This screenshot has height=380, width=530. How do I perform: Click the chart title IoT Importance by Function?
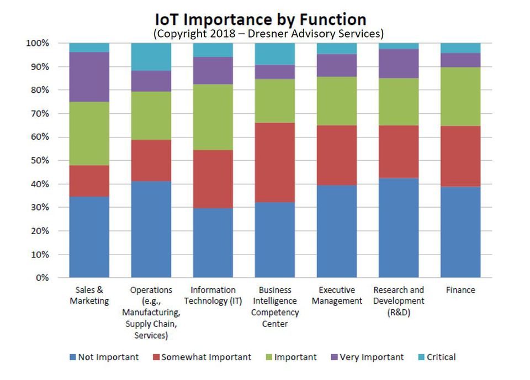click(x=261, y=19)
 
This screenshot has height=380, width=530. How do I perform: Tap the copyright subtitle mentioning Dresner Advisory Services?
click(x=268, y=34)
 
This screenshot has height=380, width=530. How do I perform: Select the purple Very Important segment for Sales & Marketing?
click(x=89, y=77)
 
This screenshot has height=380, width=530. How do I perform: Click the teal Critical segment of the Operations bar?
click(x=151, y=57)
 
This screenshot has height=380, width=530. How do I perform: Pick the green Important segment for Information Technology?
click(x=213, y=117)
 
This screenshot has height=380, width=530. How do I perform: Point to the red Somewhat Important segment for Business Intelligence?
click(x=275, y=162)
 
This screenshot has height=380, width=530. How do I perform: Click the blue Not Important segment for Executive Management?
click(x=337, y=231)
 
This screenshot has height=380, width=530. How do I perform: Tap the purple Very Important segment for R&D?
click(x=399, y=64)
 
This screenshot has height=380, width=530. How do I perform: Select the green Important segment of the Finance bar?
click(x=460, y=97)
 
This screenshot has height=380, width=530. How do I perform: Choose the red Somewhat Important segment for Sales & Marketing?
click(x=89, y=181)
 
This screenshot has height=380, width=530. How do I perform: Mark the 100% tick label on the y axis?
click(x=38, y=43)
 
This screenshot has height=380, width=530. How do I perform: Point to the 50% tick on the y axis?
click(x=40, y=161)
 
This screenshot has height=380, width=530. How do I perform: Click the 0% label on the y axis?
click(x=43, y=278)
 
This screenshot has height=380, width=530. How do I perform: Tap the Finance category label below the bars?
click(x=460, y=290)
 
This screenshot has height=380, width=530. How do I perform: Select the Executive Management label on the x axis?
click(x=337, y=295)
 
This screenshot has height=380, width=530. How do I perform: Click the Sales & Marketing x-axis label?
click(x=89, y=295)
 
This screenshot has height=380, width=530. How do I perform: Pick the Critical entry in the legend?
click(x=437, y=357)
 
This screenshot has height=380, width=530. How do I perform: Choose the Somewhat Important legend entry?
click(x=202, y=357)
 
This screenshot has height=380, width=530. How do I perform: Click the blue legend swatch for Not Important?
click(x=73, y=357)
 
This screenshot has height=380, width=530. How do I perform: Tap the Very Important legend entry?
click(x=368, y=357)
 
